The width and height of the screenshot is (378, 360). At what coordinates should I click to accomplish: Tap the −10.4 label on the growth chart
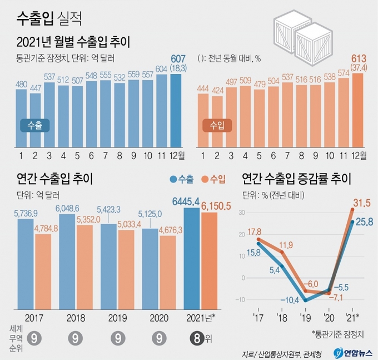pos(289,300)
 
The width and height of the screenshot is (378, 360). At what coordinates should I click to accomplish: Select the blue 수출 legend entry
pos(182,179)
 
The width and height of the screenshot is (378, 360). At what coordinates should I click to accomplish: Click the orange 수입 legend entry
pos(213,179)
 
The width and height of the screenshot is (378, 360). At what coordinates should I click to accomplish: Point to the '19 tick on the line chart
pos(305,318)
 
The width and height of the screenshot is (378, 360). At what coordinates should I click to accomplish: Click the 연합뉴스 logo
pos(351,352)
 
